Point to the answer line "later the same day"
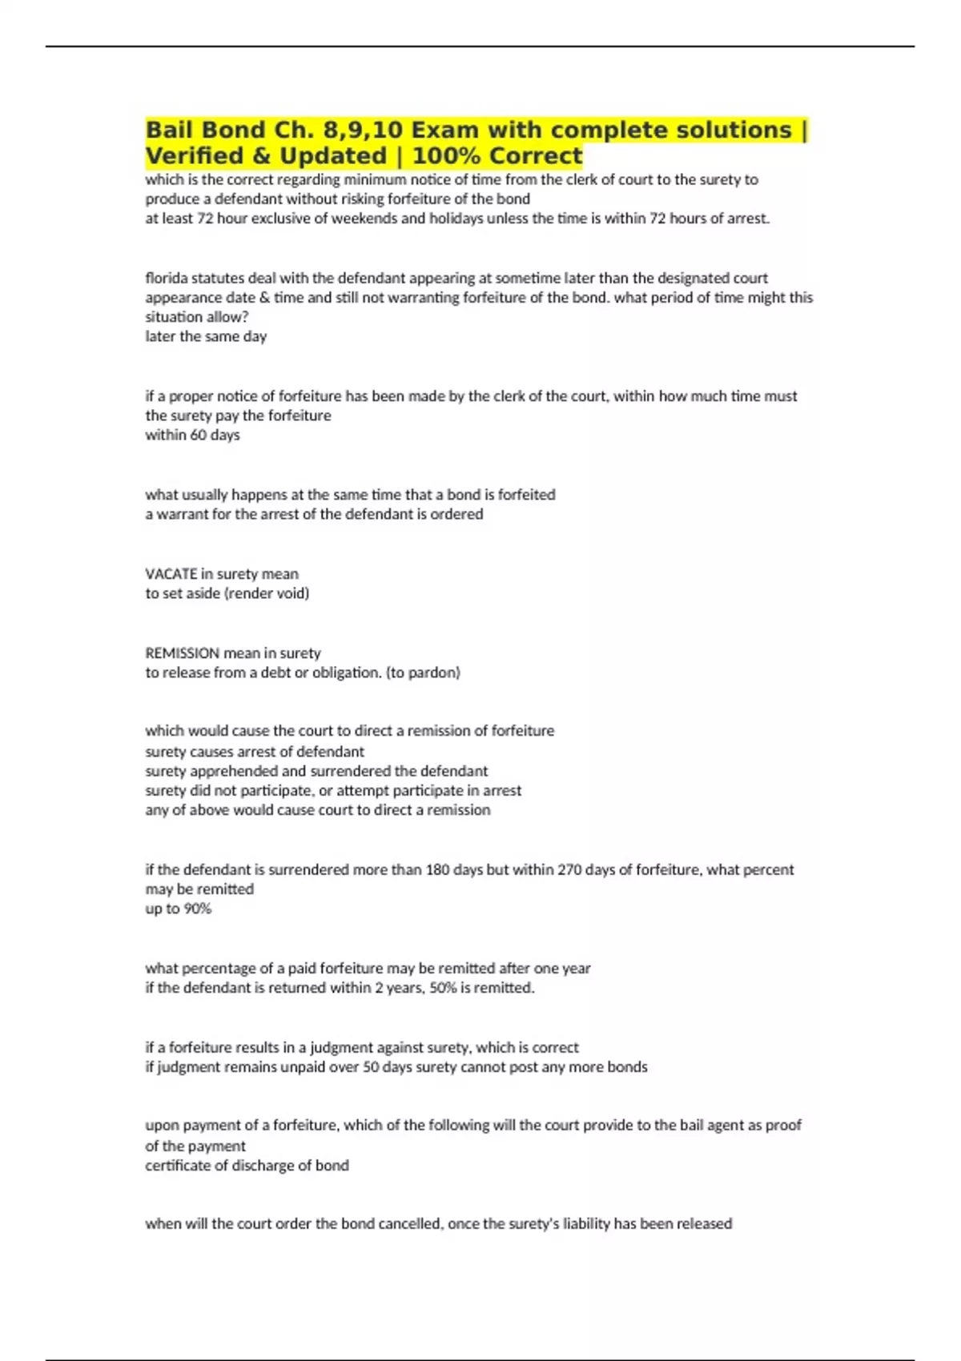point(206,336)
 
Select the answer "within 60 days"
point(192,435)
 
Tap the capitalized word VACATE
point(171,574)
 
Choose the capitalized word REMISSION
point(182,653)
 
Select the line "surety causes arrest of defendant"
point(254,752)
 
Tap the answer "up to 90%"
point(178,909)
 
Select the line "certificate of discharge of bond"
point(247,1166)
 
